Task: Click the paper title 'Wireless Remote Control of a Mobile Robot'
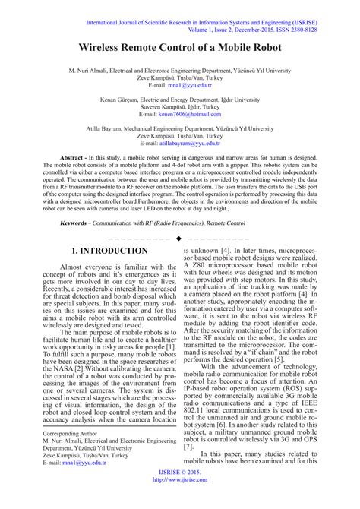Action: [179, 47]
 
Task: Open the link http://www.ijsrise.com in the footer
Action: [179, 502]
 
